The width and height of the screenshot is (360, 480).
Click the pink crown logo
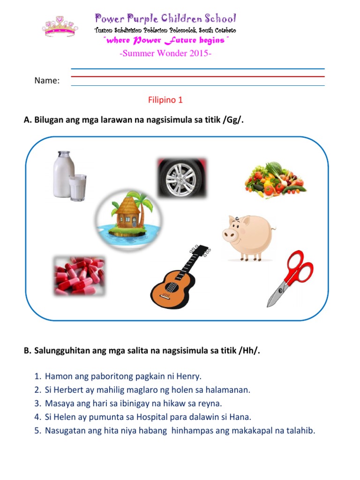click(60, 27)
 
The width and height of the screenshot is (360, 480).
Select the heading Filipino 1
click(165, 100)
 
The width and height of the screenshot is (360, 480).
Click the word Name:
click(47, 81)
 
